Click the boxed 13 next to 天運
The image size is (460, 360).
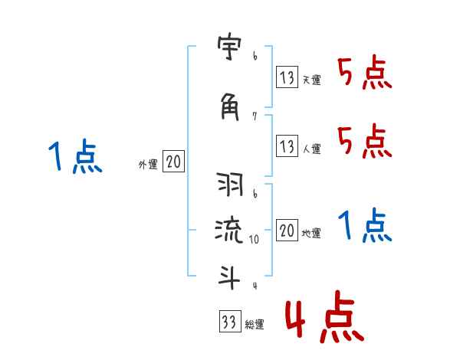[287, 77]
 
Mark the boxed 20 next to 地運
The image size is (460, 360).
[287, 231]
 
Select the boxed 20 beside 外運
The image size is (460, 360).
[174, 162]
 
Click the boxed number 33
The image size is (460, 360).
[228, 322]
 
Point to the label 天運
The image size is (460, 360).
[311, 80]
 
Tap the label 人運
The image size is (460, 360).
[311, 147]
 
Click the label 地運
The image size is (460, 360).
[311, 233]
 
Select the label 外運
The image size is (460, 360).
[148, 164]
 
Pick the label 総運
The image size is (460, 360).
[254, 325]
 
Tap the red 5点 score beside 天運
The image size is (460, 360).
[365, 74]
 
